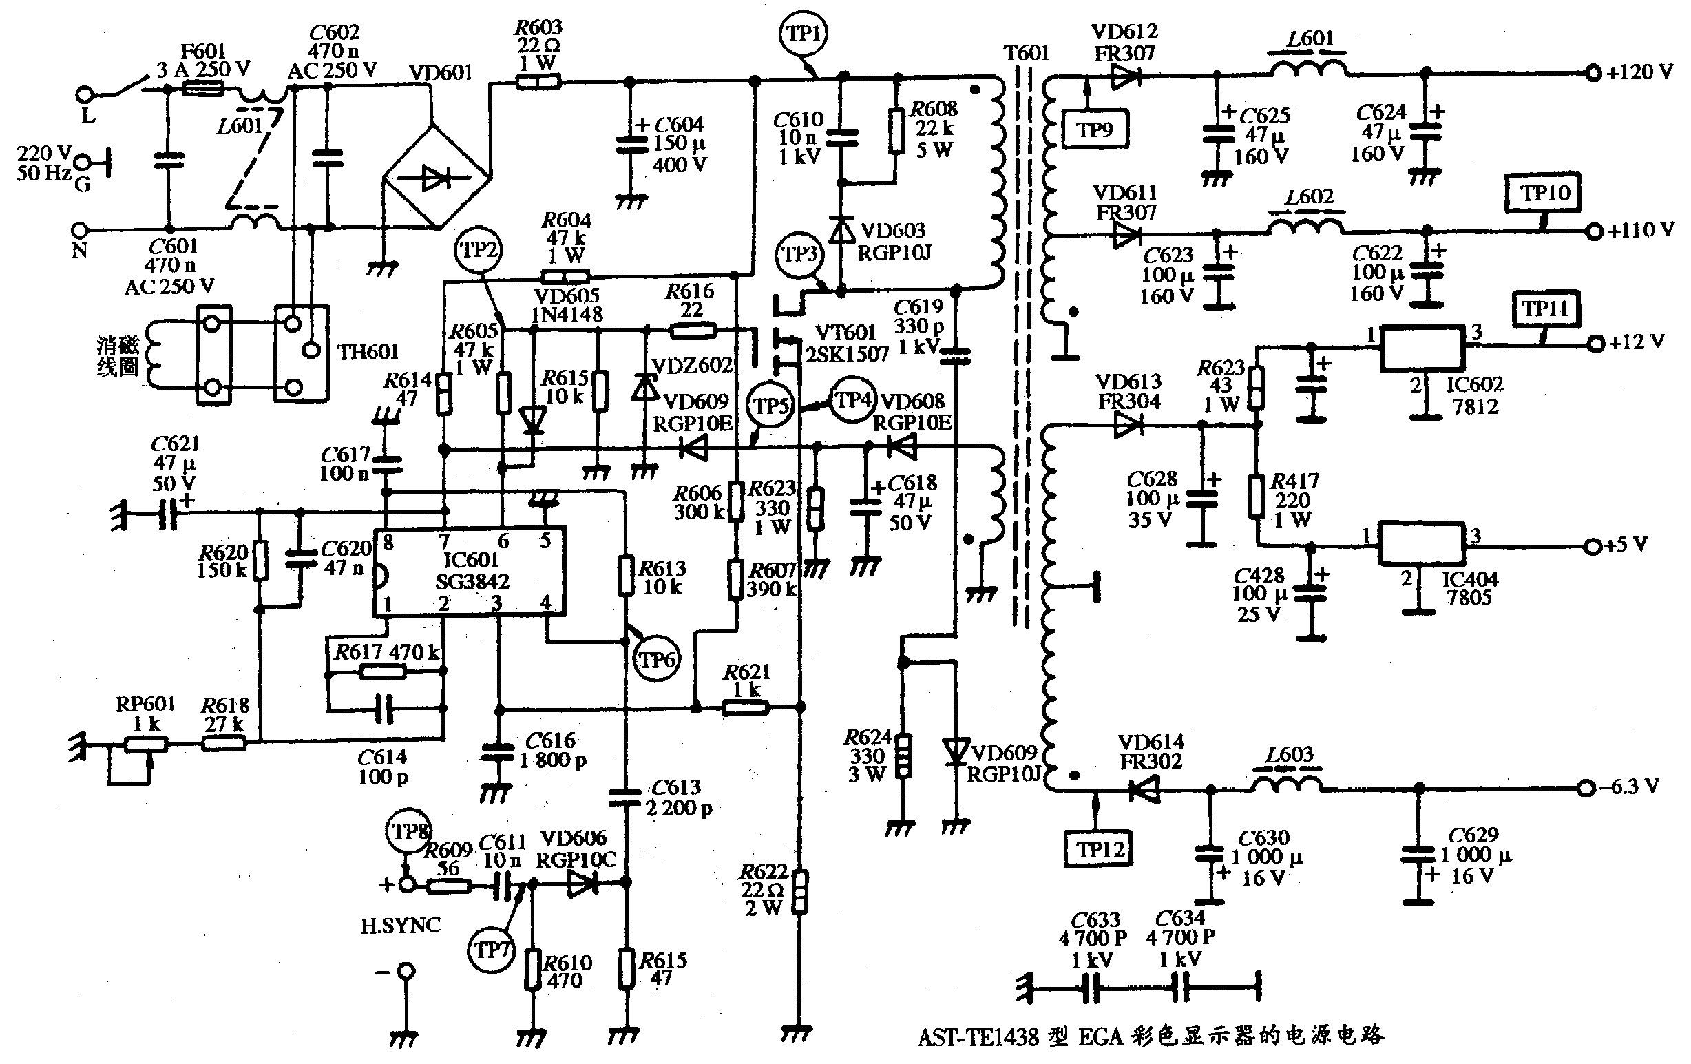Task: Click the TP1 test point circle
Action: pyautogui.click(x=804, y=34)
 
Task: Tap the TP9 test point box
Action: pyautogui.click(x=1095, y=130)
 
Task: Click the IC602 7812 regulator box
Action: pyautogui.click(x=1422, y=348)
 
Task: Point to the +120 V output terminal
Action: pyautogui.click(x=1593, y=72)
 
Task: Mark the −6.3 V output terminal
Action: pyautogui.click(x=1585, y=788)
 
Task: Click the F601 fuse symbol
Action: pyautogui.click(x=203, y=88)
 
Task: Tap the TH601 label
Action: pyautogui.click(x=368, y=352)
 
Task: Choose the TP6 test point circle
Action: pyautogui.click(x=657, y=659)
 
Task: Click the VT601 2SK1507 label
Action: pyautogui.click(x=846, y=344)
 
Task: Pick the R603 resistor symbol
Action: pyautogui.click(x=538, y=82)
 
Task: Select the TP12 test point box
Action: pyautogui.click(x=1100, y=850)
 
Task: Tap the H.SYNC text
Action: pyautogui.click(x=400, y=926)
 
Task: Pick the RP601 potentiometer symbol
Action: pyautogui.click(x=146, y=744)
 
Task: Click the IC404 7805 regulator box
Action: pyautogui.click(x=1420, y=543)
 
